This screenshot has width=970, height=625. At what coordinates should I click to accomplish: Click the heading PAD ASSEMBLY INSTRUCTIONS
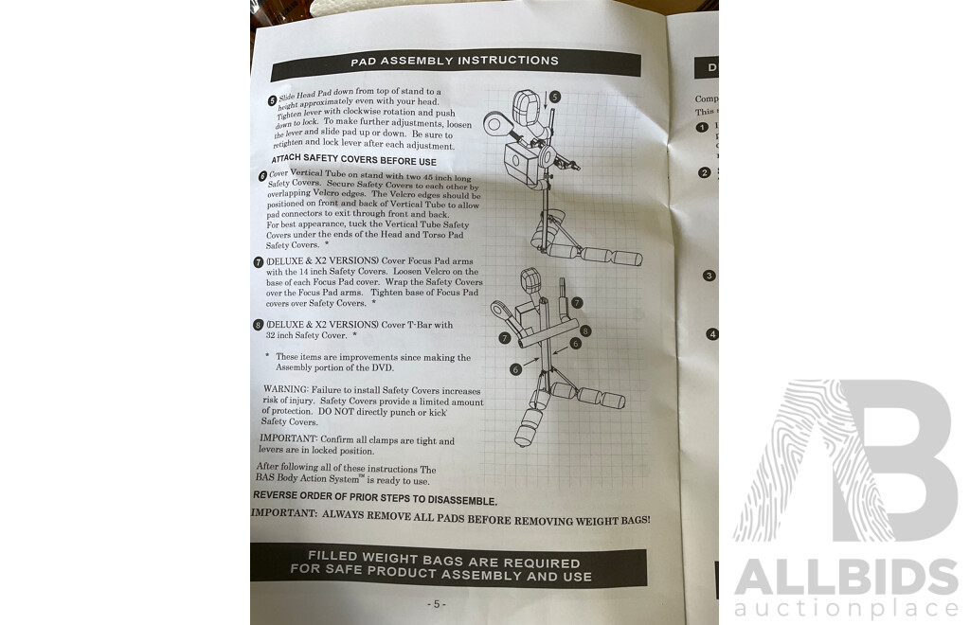[455, 62]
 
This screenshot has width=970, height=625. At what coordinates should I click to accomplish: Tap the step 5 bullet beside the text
[273, 99]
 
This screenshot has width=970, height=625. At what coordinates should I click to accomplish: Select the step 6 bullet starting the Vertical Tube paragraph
[262, 176]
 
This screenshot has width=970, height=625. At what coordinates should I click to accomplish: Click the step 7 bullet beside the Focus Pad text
[259, 262]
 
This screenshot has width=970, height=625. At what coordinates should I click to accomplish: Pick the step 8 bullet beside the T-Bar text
[259, 325]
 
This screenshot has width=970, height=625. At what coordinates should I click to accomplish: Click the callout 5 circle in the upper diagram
[555, 97]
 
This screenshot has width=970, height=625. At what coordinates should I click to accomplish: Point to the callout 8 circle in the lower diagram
[585, 330]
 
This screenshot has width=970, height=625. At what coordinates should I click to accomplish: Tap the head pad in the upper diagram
[526, 106]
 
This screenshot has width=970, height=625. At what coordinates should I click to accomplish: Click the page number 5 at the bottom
[435, 603]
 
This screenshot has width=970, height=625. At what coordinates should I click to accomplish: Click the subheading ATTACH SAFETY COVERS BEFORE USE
[354, 159]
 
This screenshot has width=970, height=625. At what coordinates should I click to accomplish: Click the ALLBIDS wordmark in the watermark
[846, 577]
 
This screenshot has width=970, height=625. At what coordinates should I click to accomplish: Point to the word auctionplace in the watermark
[846, 607]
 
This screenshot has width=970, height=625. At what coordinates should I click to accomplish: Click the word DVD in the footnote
[382, 367]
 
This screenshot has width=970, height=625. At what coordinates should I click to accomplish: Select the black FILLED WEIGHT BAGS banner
[448, 568]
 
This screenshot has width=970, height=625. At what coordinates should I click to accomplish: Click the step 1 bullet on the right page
[703, 127]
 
